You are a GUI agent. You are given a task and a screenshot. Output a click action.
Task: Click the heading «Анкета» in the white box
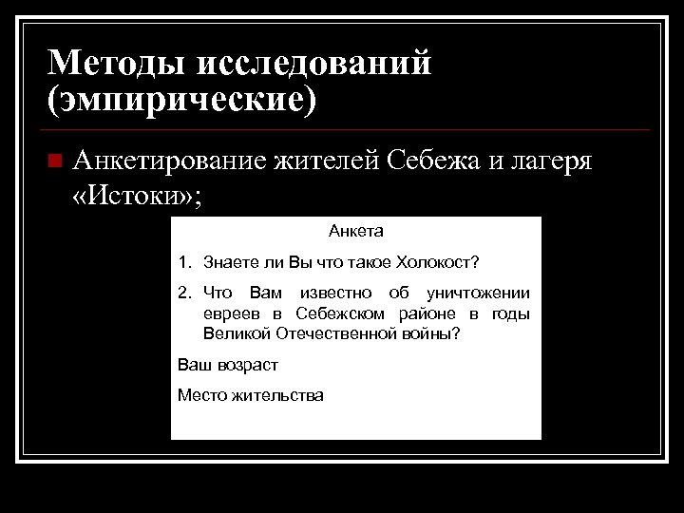[x=356, y=231]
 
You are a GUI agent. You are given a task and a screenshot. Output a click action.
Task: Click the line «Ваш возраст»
[x=228, y=365]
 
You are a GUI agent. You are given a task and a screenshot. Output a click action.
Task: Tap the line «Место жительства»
[x=251, y=395]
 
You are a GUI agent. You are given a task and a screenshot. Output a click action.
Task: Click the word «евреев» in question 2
[x=231, y=314]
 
